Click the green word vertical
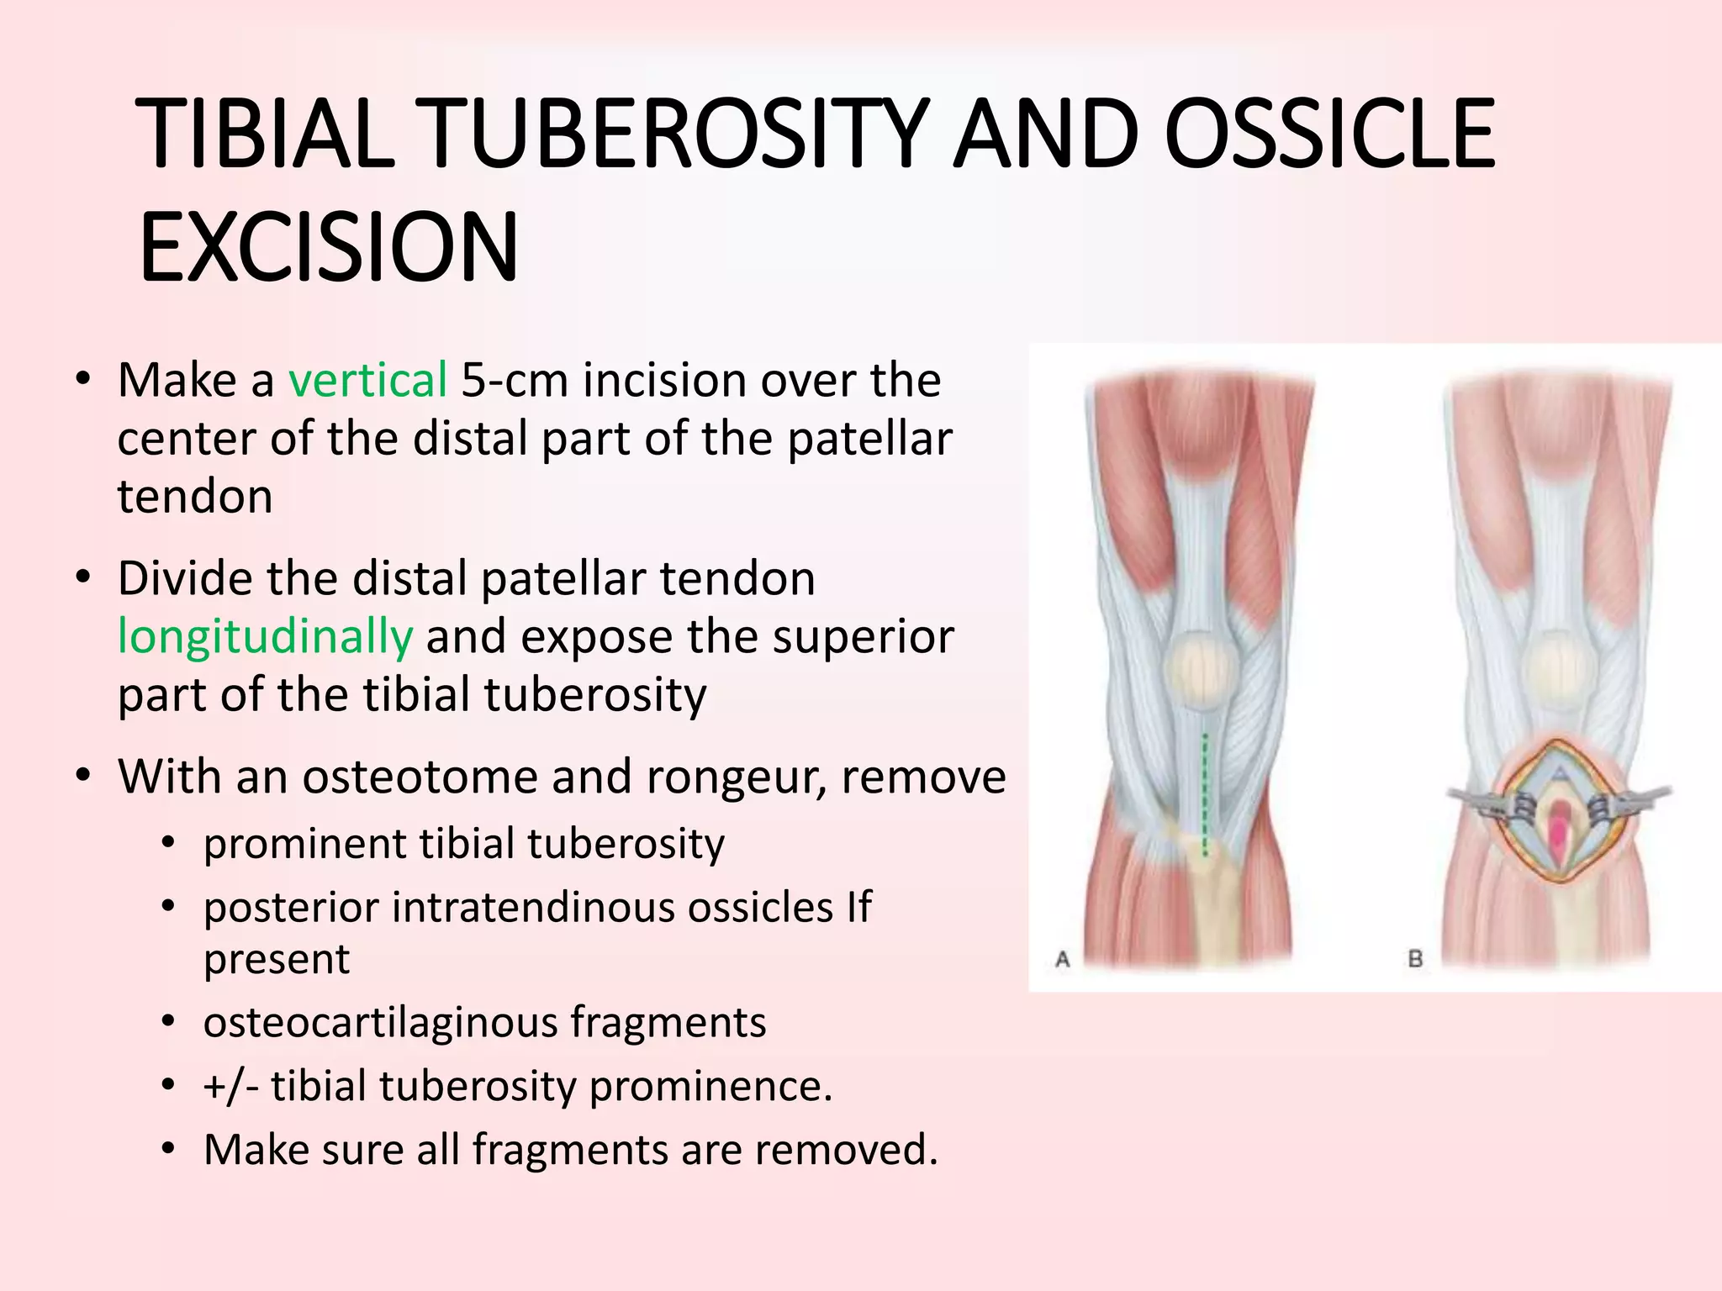click(x=367, y=380)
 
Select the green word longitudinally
click(x=265, y=636)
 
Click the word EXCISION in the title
click(x=329, y=249)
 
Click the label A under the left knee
click(x=1062, y=959)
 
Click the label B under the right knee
click(x=1415, y=958)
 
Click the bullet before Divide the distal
click(x=82, y=578)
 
